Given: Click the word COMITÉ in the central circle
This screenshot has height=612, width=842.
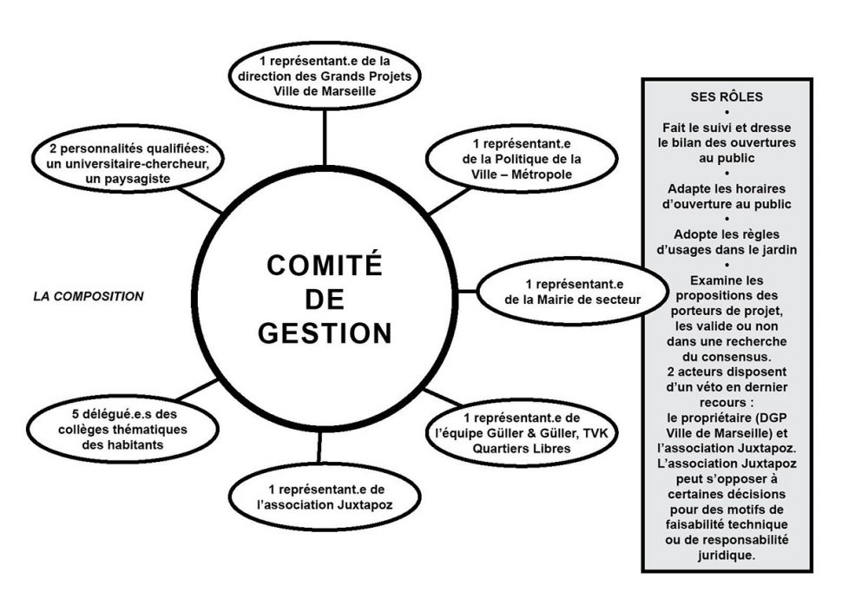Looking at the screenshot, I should click(x=324, y=266).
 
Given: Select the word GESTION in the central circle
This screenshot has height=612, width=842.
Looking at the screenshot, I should click(x=325, y=332).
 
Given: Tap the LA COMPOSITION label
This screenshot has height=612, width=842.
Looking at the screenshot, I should click(x=89, y=296).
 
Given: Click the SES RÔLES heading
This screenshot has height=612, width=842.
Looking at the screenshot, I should click(x=727, y=96).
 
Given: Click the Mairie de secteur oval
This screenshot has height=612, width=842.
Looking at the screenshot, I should click(x=572, y=291).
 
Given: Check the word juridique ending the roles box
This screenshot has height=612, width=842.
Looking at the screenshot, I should click(x=727, y=556).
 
